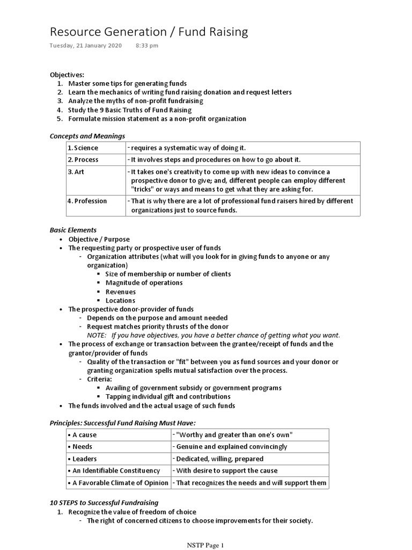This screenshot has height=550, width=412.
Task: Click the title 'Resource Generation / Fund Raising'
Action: click(x=149, y=32)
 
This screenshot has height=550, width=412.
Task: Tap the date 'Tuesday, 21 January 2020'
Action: click(x=86, y=46)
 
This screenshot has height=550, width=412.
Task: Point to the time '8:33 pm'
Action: click(x=147, y=46)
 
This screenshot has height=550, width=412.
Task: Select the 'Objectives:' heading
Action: click(x=67, y=75)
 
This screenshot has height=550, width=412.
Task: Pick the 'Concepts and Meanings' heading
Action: click(x=87, y=136)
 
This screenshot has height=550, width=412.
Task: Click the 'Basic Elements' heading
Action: click(x=73, y=230)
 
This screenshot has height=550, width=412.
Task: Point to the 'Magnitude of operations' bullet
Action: click(x=144, y=283)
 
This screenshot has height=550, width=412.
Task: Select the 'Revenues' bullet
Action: click(x=120, y=292)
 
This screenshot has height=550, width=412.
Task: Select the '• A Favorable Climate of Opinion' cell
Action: click(x=118, y=482)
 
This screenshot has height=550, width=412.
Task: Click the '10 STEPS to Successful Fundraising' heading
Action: click(x=104, y=503)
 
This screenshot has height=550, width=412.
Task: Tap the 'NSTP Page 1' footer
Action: click(x=205, y=545)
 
